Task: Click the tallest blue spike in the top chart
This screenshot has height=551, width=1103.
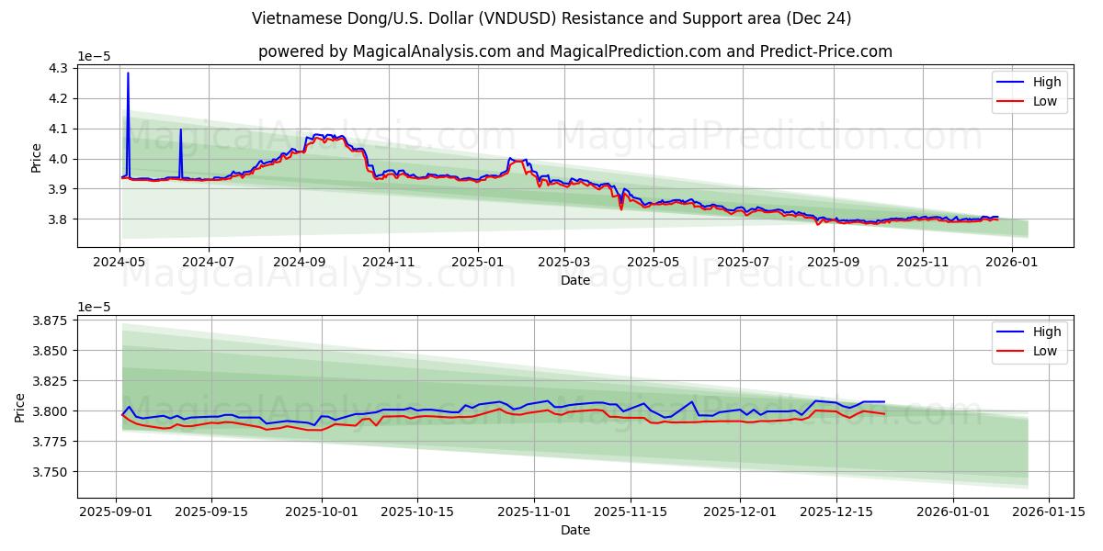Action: coord(128,73)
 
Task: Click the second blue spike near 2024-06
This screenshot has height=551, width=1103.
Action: coord(180,130)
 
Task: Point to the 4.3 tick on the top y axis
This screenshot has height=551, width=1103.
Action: coord(58,69)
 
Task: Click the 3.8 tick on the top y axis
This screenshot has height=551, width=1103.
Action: coord(58,219)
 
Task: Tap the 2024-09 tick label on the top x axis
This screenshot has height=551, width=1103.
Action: coord(300,261)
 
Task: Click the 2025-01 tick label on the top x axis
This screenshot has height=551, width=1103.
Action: coord(478,261)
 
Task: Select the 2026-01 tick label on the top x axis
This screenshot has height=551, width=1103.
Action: coord(1012,261)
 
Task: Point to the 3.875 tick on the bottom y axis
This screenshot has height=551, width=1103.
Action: coord(49,320)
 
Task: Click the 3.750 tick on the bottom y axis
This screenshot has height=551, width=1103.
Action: coord(49,472)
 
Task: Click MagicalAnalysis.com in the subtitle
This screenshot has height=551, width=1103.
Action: coord(432,51)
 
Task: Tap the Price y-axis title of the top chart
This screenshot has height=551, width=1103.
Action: coord(36,157)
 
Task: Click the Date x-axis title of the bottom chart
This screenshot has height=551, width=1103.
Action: coord(575,530)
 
